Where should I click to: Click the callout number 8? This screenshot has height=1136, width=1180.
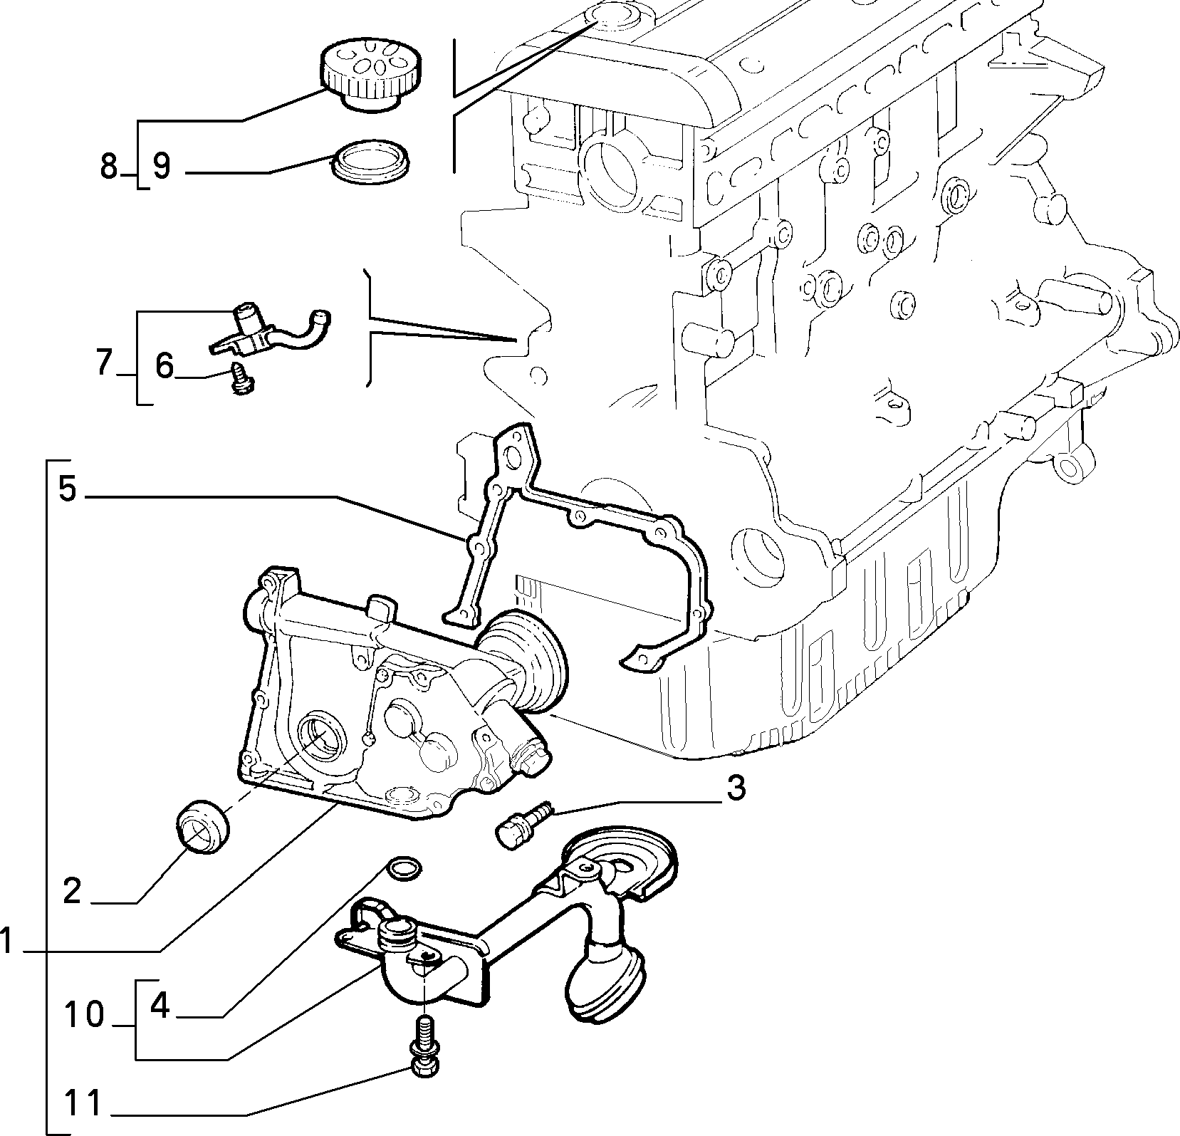click(x=108, y=167)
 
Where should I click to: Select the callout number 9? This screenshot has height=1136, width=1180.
click(x=162, y=167)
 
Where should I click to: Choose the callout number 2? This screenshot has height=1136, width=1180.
click(x=73, y=891)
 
